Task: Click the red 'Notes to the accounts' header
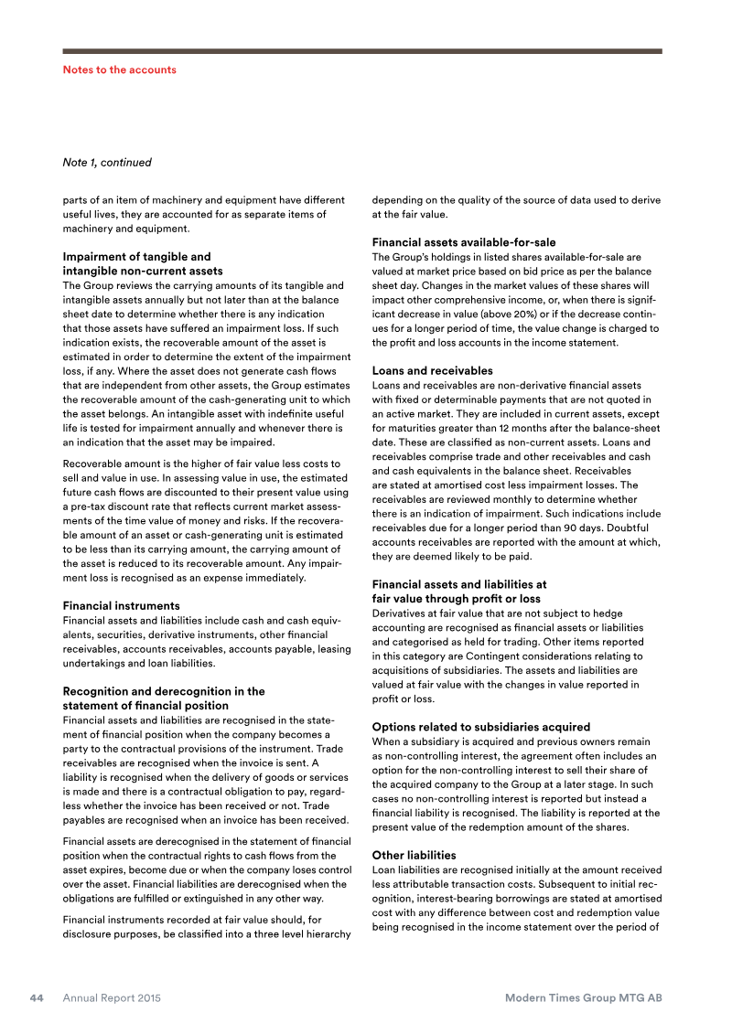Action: pyautogui.click(x=119, y=69)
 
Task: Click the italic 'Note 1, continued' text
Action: pyautogui.click(x=106, y=163)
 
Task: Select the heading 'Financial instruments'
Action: pyautogui.click(x=121, y=605)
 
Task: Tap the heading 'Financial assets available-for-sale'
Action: pyautogui.click(x=464, y=242)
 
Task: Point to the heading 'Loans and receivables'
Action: pyautogui.click(x=432, y=371)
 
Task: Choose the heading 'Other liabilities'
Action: pyautogui.click(x=414, y=855)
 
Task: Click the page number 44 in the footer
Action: pyautogui.click(x=37, y=998)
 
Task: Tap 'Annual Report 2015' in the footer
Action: pyautogui.click(x=112, y=998)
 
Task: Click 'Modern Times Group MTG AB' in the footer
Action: pyautogui.click(x=584, y=998)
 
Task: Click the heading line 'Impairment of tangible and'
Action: pyautogui.click(x=136, y=257)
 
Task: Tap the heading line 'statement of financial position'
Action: pyautogui.click(x=145, y=706)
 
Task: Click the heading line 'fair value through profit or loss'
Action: pyautogui.click(x=456, y=599)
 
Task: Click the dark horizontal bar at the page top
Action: pyautogui.click(x=362, y=51)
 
